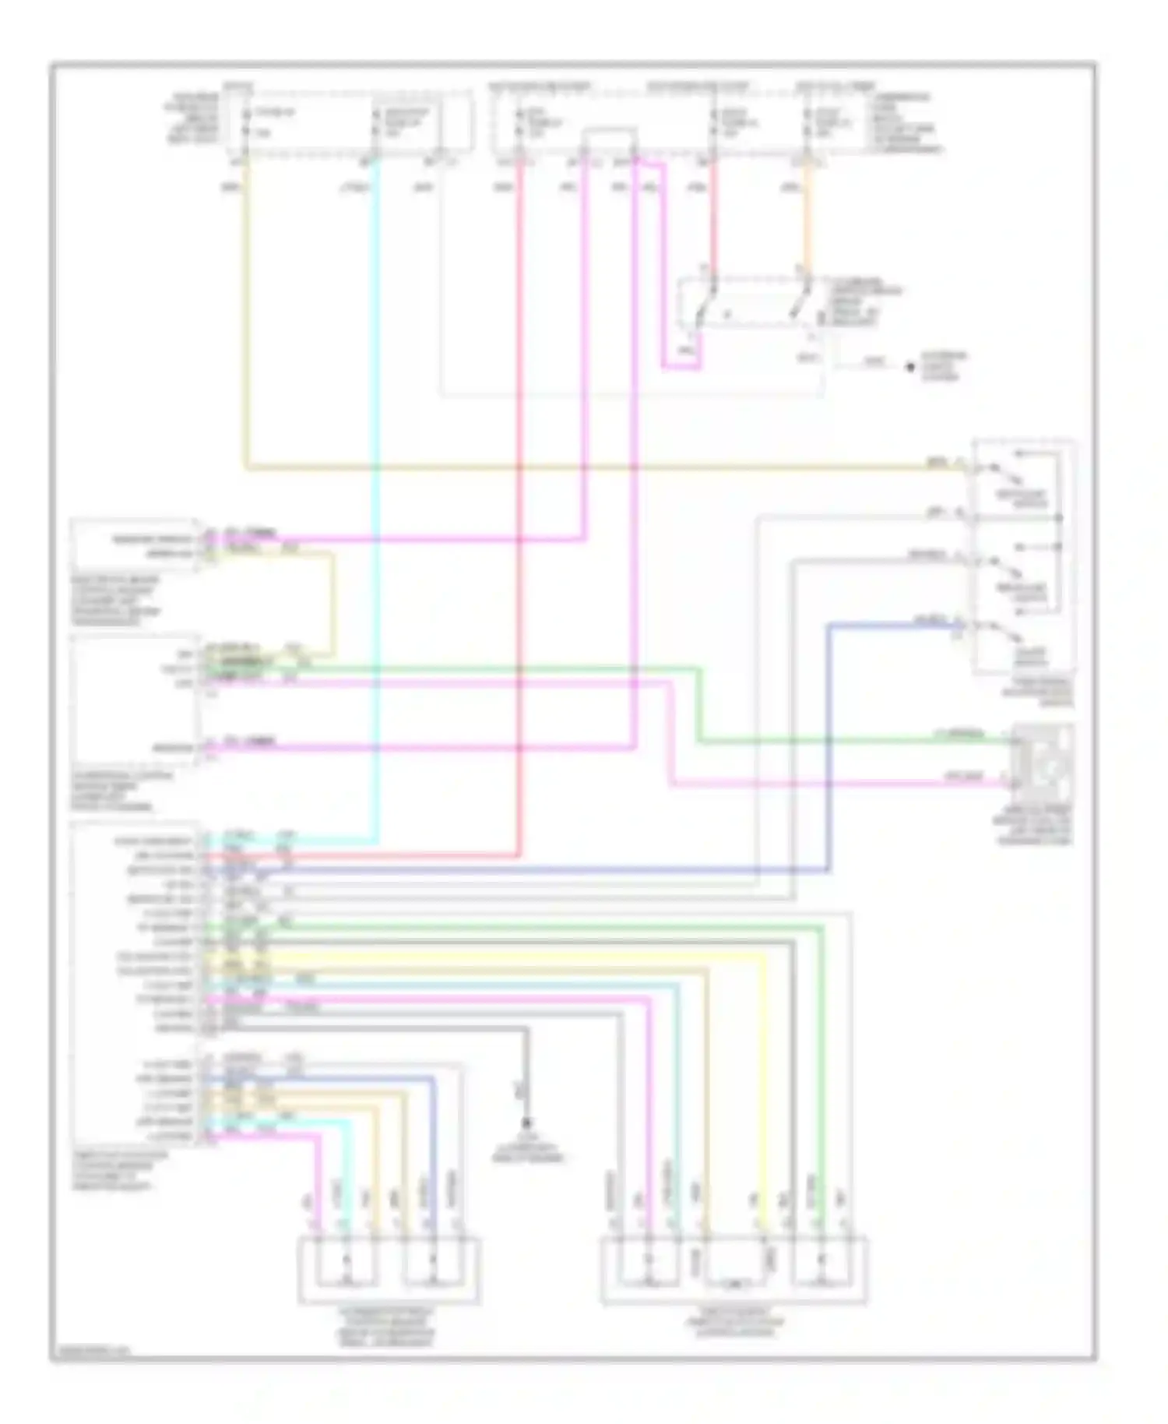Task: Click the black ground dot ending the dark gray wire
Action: pyautogui.click(x=527, y=1123)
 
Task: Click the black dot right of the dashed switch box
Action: pyautogui.click(x=909, y=367)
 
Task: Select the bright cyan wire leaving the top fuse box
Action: pyautogui.click(x=377, y=467)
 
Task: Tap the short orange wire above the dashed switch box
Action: pyautogui.click(x=807, y=226)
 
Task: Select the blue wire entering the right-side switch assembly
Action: pyautogui.click(x=829, y=740)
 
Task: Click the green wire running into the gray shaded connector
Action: pyautogui.click(x=857, y=740)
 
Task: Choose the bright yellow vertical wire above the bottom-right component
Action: pyautogui.click(x=763, y=1091)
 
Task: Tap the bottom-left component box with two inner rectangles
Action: pyautogui.click(x=389, y=1269)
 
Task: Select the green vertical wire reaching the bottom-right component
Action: pyautogui.click(x=820, y=1091)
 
